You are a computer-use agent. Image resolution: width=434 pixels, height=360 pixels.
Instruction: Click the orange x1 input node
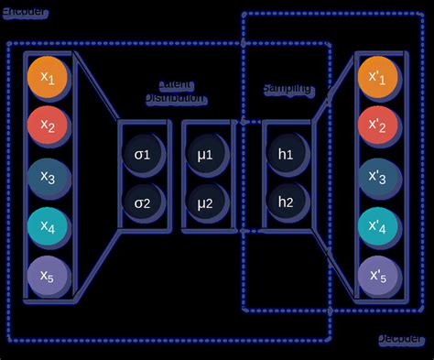(48, 78)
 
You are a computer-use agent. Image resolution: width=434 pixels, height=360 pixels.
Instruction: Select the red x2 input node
(48, 126)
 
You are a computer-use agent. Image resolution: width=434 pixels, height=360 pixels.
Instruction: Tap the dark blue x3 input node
(48, 177)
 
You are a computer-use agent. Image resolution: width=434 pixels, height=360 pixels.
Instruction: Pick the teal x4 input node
(48, 226)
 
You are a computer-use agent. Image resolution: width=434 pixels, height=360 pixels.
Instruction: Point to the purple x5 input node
(48, 275)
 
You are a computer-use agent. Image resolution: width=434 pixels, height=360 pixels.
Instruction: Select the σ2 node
(144, 202)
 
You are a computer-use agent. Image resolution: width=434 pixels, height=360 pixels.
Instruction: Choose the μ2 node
(204, 202)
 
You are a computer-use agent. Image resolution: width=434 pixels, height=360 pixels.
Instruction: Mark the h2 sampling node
(285, 202)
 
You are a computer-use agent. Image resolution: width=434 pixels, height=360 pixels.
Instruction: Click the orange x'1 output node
(379, 78)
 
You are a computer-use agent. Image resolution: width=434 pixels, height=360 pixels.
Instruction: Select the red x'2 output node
(379, 126)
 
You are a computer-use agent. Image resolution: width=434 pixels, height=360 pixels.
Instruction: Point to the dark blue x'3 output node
(379, 177)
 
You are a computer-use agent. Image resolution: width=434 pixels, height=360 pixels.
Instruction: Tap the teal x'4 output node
(379, 226)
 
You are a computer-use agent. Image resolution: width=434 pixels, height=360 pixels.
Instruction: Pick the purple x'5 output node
(379, 275)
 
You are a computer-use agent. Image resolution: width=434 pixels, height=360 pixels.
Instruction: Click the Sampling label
(287, 89)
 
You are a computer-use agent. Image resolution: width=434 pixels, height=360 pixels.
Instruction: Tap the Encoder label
(26, 12)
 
